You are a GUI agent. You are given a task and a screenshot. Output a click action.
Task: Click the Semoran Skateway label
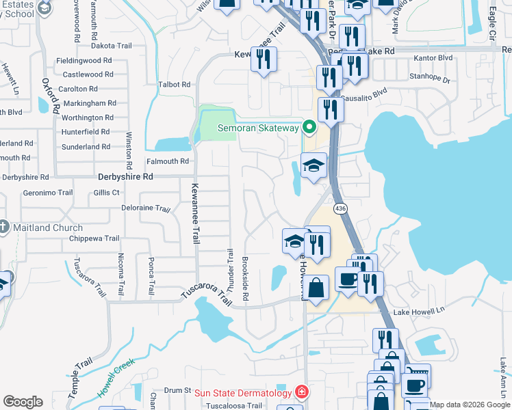point(259,128)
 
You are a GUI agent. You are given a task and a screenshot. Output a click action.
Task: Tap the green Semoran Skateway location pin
point(309,127)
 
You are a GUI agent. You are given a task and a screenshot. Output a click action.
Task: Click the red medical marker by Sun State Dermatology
point(300,392)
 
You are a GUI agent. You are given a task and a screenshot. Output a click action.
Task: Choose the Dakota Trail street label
point(112,46)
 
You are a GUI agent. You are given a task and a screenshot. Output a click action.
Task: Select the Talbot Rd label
point(174,84)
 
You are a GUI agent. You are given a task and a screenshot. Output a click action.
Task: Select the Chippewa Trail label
point(94,238)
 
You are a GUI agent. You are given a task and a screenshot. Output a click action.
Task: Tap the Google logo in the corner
point(23,402)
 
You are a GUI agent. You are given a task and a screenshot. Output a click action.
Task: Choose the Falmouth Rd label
point(167,161)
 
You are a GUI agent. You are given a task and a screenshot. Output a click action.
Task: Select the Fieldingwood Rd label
point(84,60)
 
